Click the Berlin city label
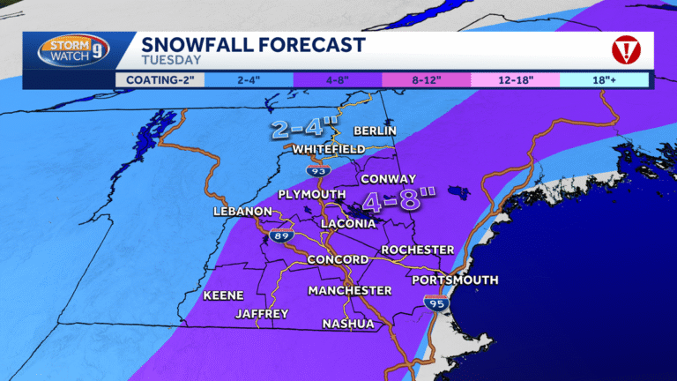375,131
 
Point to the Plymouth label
311,194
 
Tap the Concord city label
338,259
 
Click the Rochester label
417,250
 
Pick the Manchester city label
350,290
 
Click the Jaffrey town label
262,314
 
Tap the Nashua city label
347,324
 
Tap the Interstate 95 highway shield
436,303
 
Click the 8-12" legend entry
426,79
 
